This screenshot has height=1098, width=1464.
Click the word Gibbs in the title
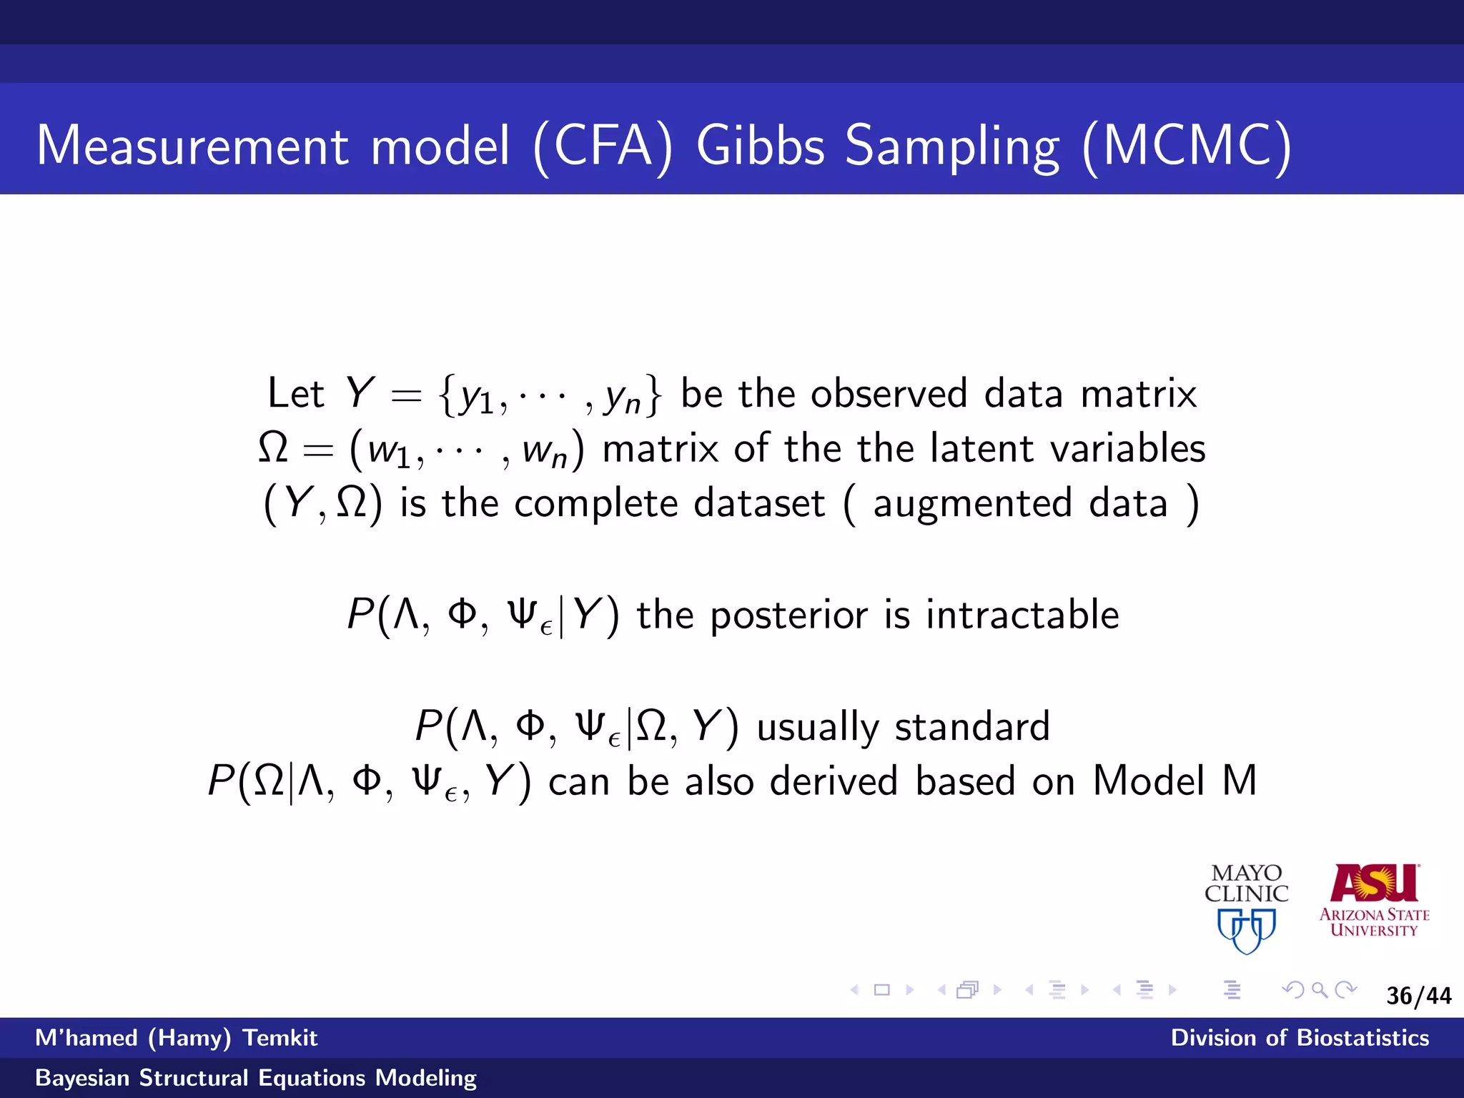pos(761,147)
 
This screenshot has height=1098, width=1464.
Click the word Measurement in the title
pos(192,147)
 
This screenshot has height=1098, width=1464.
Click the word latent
pos(982,449)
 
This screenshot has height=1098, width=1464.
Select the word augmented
pos(972,504)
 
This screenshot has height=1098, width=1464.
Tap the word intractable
pos(1022,615)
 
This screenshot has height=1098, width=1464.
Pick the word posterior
pos(789,616)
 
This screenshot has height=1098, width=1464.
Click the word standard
pos(972,726)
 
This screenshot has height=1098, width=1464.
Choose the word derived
pos(834,781)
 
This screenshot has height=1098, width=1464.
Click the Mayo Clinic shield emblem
pos(1247,930)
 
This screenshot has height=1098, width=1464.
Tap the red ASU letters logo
pos(1374,884)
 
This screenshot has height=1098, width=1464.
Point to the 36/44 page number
pos(1418,996)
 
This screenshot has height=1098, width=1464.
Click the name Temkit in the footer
pos(280,1037)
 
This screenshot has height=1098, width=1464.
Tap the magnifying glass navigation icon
pos(1320,990)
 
